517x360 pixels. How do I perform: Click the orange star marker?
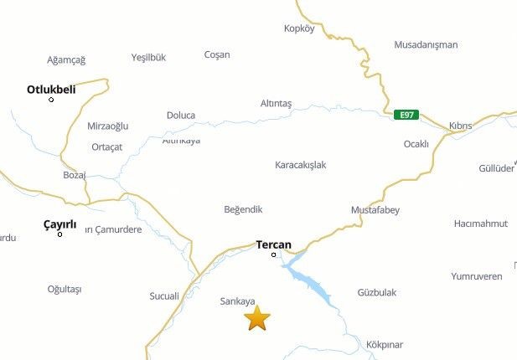pos(257,318)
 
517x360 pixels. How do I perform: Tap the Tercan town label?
pos(273,244)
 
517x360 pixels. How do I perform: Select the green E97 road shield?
pos(407,115)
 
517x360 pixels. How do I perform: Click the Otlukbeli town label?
pos(51,89)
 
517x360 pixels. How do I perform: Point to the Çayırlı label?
pos(59,224)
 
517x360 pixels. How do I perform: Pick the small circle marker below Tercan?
pos(274,255)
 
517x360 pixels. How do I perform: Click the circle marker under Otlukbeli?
pos(51,100)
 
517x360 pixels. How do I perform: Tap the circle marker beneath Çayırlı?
pos(59,234)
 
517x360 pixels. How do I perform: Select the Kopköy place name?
pos(299,28)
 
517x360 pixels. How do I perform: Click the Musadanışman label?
pos(426,44)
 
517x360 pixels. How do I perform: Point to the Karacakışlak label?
pos(300,165)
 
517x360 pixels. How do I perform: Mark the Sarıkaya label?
pos(236,301)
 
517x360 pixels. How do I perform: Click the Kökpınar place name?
pos(385,344)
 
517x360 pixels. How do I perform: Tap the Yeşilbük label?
pos(148,58)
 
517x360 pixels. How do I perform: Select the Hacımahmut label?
pos(481,224)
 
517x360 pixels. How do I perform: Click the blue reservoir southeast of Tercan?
pos(312,285)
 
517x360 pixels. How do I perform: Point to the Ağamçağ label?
pos(66,59)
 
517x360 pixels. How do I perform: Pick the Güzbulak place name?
pos(377,292)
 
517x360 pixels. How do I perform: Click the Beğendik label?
pos(244,208)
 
